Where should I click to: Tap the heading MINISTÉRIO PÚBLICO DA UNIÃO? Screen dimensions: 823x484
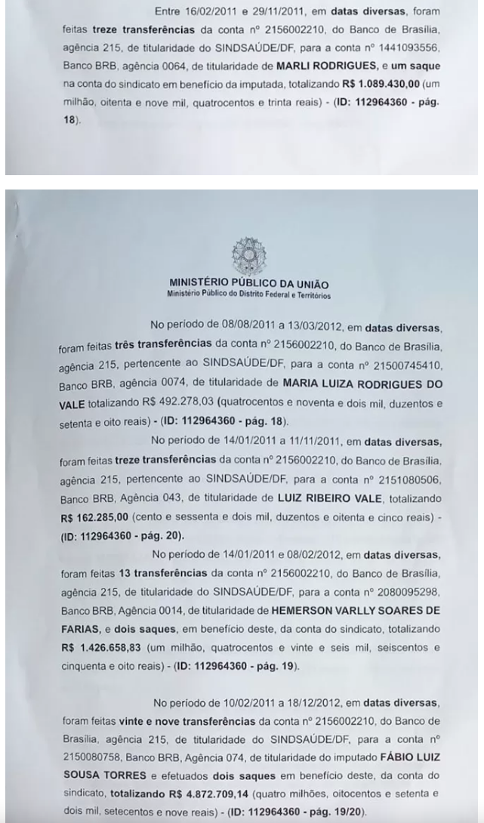coord(242,285)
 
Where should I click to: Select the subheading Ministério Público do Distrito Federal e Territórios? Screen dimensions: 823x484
coord(242,294)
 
